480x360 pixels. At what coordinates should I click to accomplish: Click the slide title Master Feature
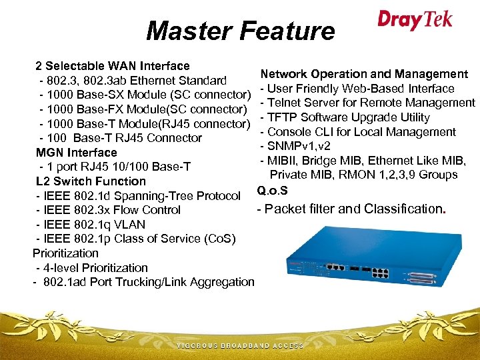[240, 31]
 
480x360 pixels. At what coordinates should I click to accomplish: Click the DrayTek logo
[415, 19]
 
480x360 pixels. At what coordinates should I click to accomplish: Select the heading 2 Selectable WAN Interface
[113, 66]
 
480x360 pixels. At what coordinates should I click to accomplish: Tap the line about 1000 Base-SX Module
[145, 95]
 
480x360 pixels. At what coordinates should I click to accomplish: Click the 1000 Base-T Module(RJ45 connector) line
[145, 124]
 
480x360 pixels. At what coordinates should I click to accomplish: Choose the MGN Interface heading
[76, 153]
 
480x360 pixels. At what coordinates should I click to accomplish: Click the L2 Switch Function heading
[91, 181]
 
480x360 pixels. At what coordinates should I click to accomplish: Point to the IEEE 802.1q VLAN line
[90, 225]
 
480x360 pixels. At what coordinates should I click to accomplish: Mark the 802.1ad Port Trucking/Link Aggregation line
[143, 282]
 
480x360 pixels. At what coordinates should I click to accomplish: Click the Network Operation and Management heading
[364, 74]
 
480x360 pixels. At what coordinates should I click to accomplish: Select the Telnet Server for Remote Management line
[367, 103]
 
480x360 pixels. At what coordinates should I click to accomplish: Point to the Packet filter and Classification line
[352, 209]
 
